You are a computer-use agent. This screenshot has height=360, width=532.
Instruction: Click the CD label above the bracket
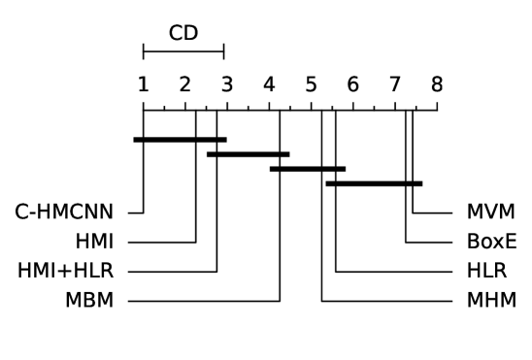coord(183,33)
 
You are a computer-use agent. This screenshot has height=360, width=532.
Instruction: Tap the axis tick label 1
coord(143,84)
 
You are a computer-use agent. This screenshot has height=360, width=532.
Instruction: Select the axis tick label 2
coord(184,84)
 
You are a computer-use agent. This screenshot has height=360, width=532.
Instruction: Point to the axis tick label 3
coord(227,84)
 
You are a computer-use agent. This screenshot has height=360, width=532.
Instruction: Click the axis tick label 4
coord(269,84)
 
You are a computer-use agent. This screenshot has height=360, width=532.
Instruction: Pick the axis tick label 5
coord(311,84)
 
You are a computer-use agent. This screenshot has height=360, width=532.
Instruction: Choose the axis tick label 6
coord(352,84)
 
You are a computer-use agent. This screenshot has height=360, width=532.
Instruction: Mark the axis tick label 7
coord(394,84)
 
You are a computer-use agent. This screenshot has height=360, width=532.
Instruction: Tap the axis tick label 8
coord(437,84)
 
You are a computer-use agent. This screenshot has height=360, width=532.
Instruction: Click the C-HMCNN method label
coord(64,212)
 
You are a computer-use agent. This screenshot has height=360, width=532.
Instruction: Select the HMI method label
coord(94,242)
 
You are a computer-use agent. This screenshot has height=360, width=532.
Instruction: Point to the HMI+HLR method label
coord(65,271)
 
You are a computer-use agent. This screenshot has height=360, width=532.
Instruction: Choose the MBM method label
coord(90,301)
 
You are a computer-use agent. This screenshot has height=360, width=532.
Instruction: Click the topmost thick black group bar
coord(180,140)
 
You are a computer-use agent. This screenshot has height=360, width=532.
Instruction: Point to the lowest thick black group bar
coord(374,183)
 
